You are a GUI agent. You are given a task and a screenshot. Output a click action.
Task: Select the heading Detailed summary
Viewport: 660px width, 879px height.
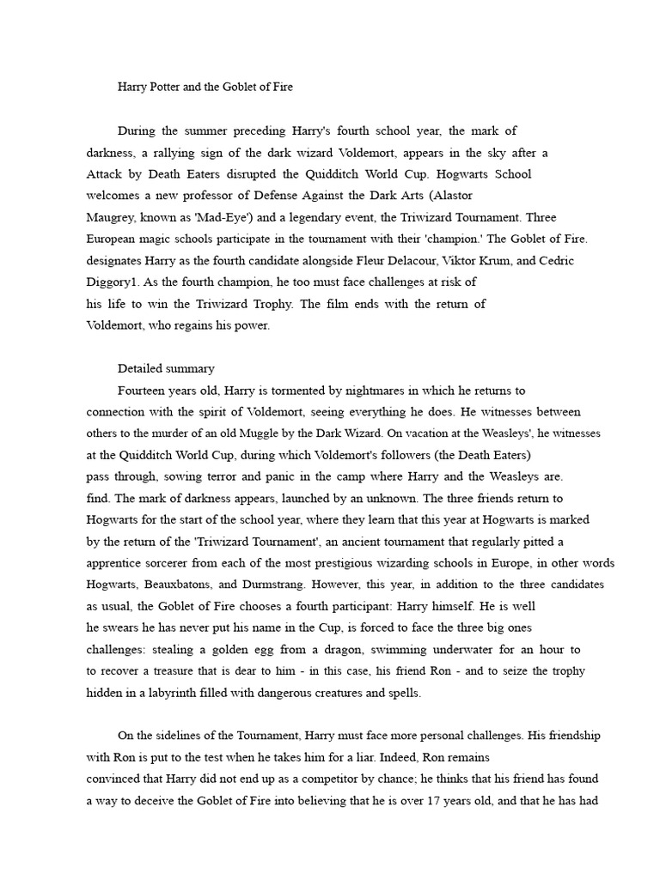tap(166, 368)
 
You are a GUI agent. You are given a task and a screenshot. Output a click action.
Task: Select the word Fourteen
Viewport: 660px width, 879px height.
tap(142, 391)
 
